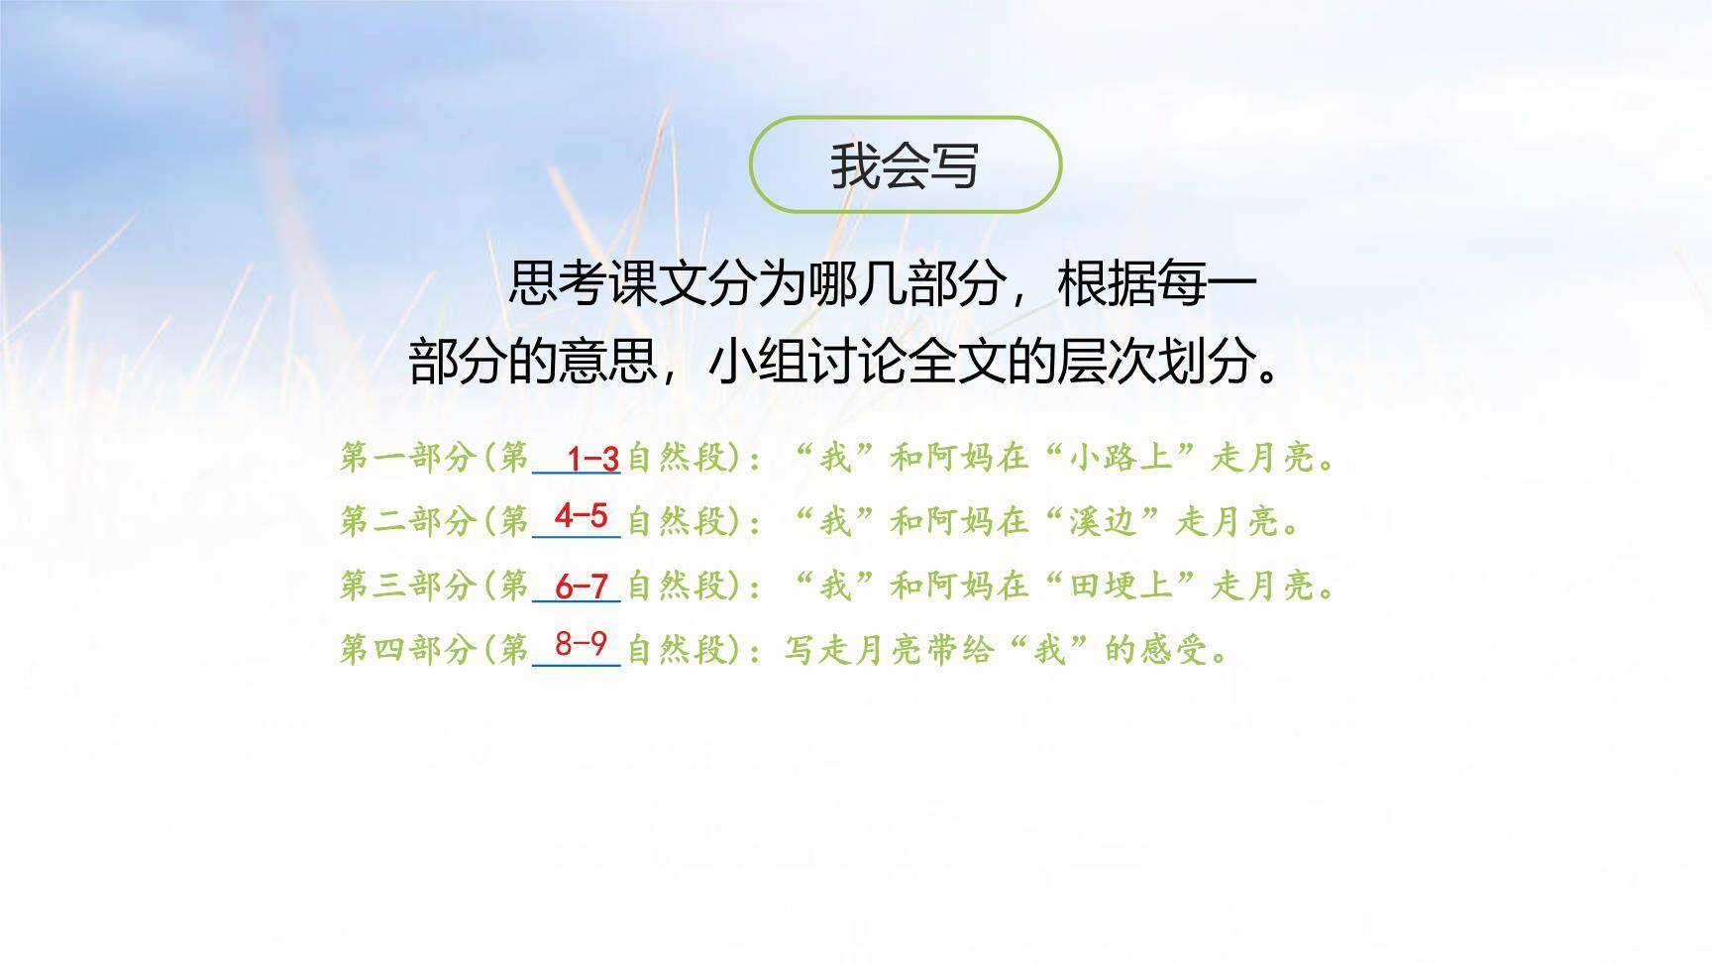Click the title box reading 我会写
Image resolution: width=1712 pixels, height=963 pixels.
(905, 164)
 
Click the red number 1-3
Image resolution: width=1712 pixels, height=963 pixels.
(592, 459)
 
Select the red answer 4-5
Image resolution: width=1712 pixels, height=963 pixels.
(581, 516)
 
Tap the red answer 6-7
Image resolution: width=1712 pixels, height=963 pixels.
(581, 586)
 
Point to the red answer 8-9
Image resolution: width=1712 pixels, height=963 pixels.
(581, 644)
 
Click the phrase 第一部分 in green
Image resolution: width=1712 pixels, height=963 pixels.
(406, 458)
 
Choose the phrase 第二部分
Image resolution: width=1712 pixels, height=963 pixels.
(406, 521)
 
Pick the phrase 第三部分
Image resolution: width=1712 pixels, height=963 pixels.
(406, 586)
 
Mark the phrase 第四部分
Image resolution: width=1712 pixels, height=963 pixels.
(406, 650)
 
